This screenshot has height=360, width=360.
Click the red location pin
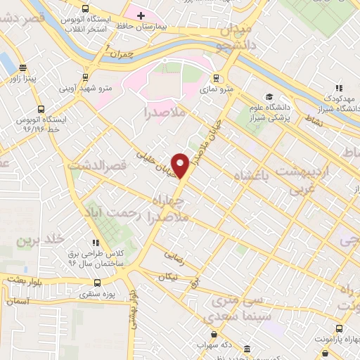(181, 166)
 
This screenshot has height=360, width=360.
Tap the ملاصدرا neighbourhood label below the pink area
(165, 111)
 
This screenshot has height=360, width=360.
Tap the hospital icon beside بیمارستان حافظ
(140, 15)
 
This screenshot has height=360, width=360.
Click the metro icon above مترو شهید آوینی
(86, 77)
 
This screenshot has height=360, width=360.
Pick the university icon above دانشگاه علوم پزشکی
(268, 97)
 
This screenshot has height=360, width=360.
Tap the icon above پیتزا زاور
(23, 68)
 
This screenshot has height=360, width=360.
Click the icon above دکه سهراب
(214, 334)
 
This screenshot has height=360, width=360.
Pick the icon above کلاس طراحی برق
(95, 243)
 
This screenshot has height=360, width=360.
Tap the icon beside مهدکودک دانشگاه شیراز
(339, 88)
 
